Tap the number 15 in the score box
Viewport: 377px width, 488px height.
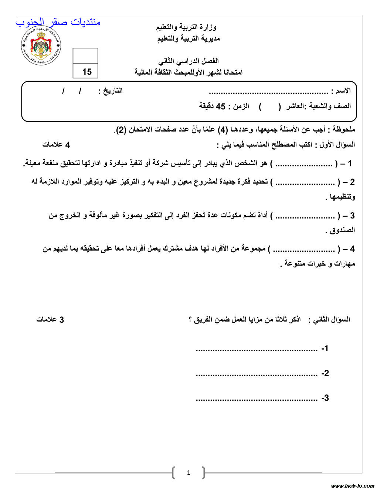point(87,72)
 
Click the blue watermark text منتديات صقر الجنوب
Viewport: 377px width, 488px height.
point(58,22)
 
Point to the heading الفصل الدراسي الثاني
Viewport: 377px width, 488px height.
point(188,61)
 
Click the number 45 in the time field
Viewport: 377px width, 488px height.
point(221,106)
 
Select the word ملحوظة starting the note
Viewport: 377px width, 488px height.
point(343,129)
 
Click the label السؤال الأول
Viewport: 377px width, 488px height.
point(337,145)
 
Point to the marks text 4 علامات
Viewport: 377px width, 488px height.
point(56,145)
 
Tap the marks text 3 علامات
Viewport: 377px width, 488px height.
point(50,319)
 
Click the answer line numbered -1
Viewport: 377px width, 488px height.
point(257,349)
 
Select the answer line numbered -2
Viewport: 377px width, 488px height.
point(257,374)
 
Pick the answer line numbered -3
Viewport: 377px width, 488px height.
point(257,399)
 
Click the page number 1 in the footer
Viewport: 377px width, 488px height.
point(188,472)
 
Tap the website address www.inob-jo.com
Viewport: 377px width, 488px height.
point(353,485)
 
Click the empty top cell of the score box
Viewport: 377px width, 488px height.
point(85,56)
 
